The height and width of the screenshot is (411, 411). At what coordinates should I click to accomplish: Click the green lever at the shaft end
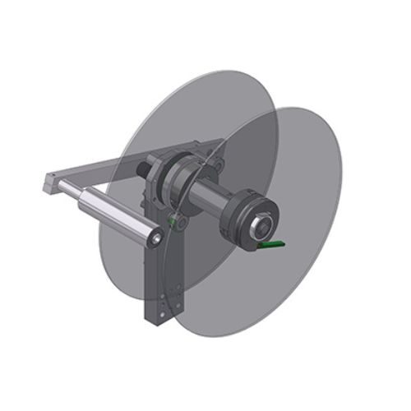tap(270, 244)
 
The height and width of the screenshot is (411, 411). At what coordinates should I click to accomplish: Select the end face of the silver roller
tap(155, 238)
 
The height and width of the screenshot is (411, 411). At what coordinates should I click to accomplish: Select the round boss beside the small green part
tap(182, 222)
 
